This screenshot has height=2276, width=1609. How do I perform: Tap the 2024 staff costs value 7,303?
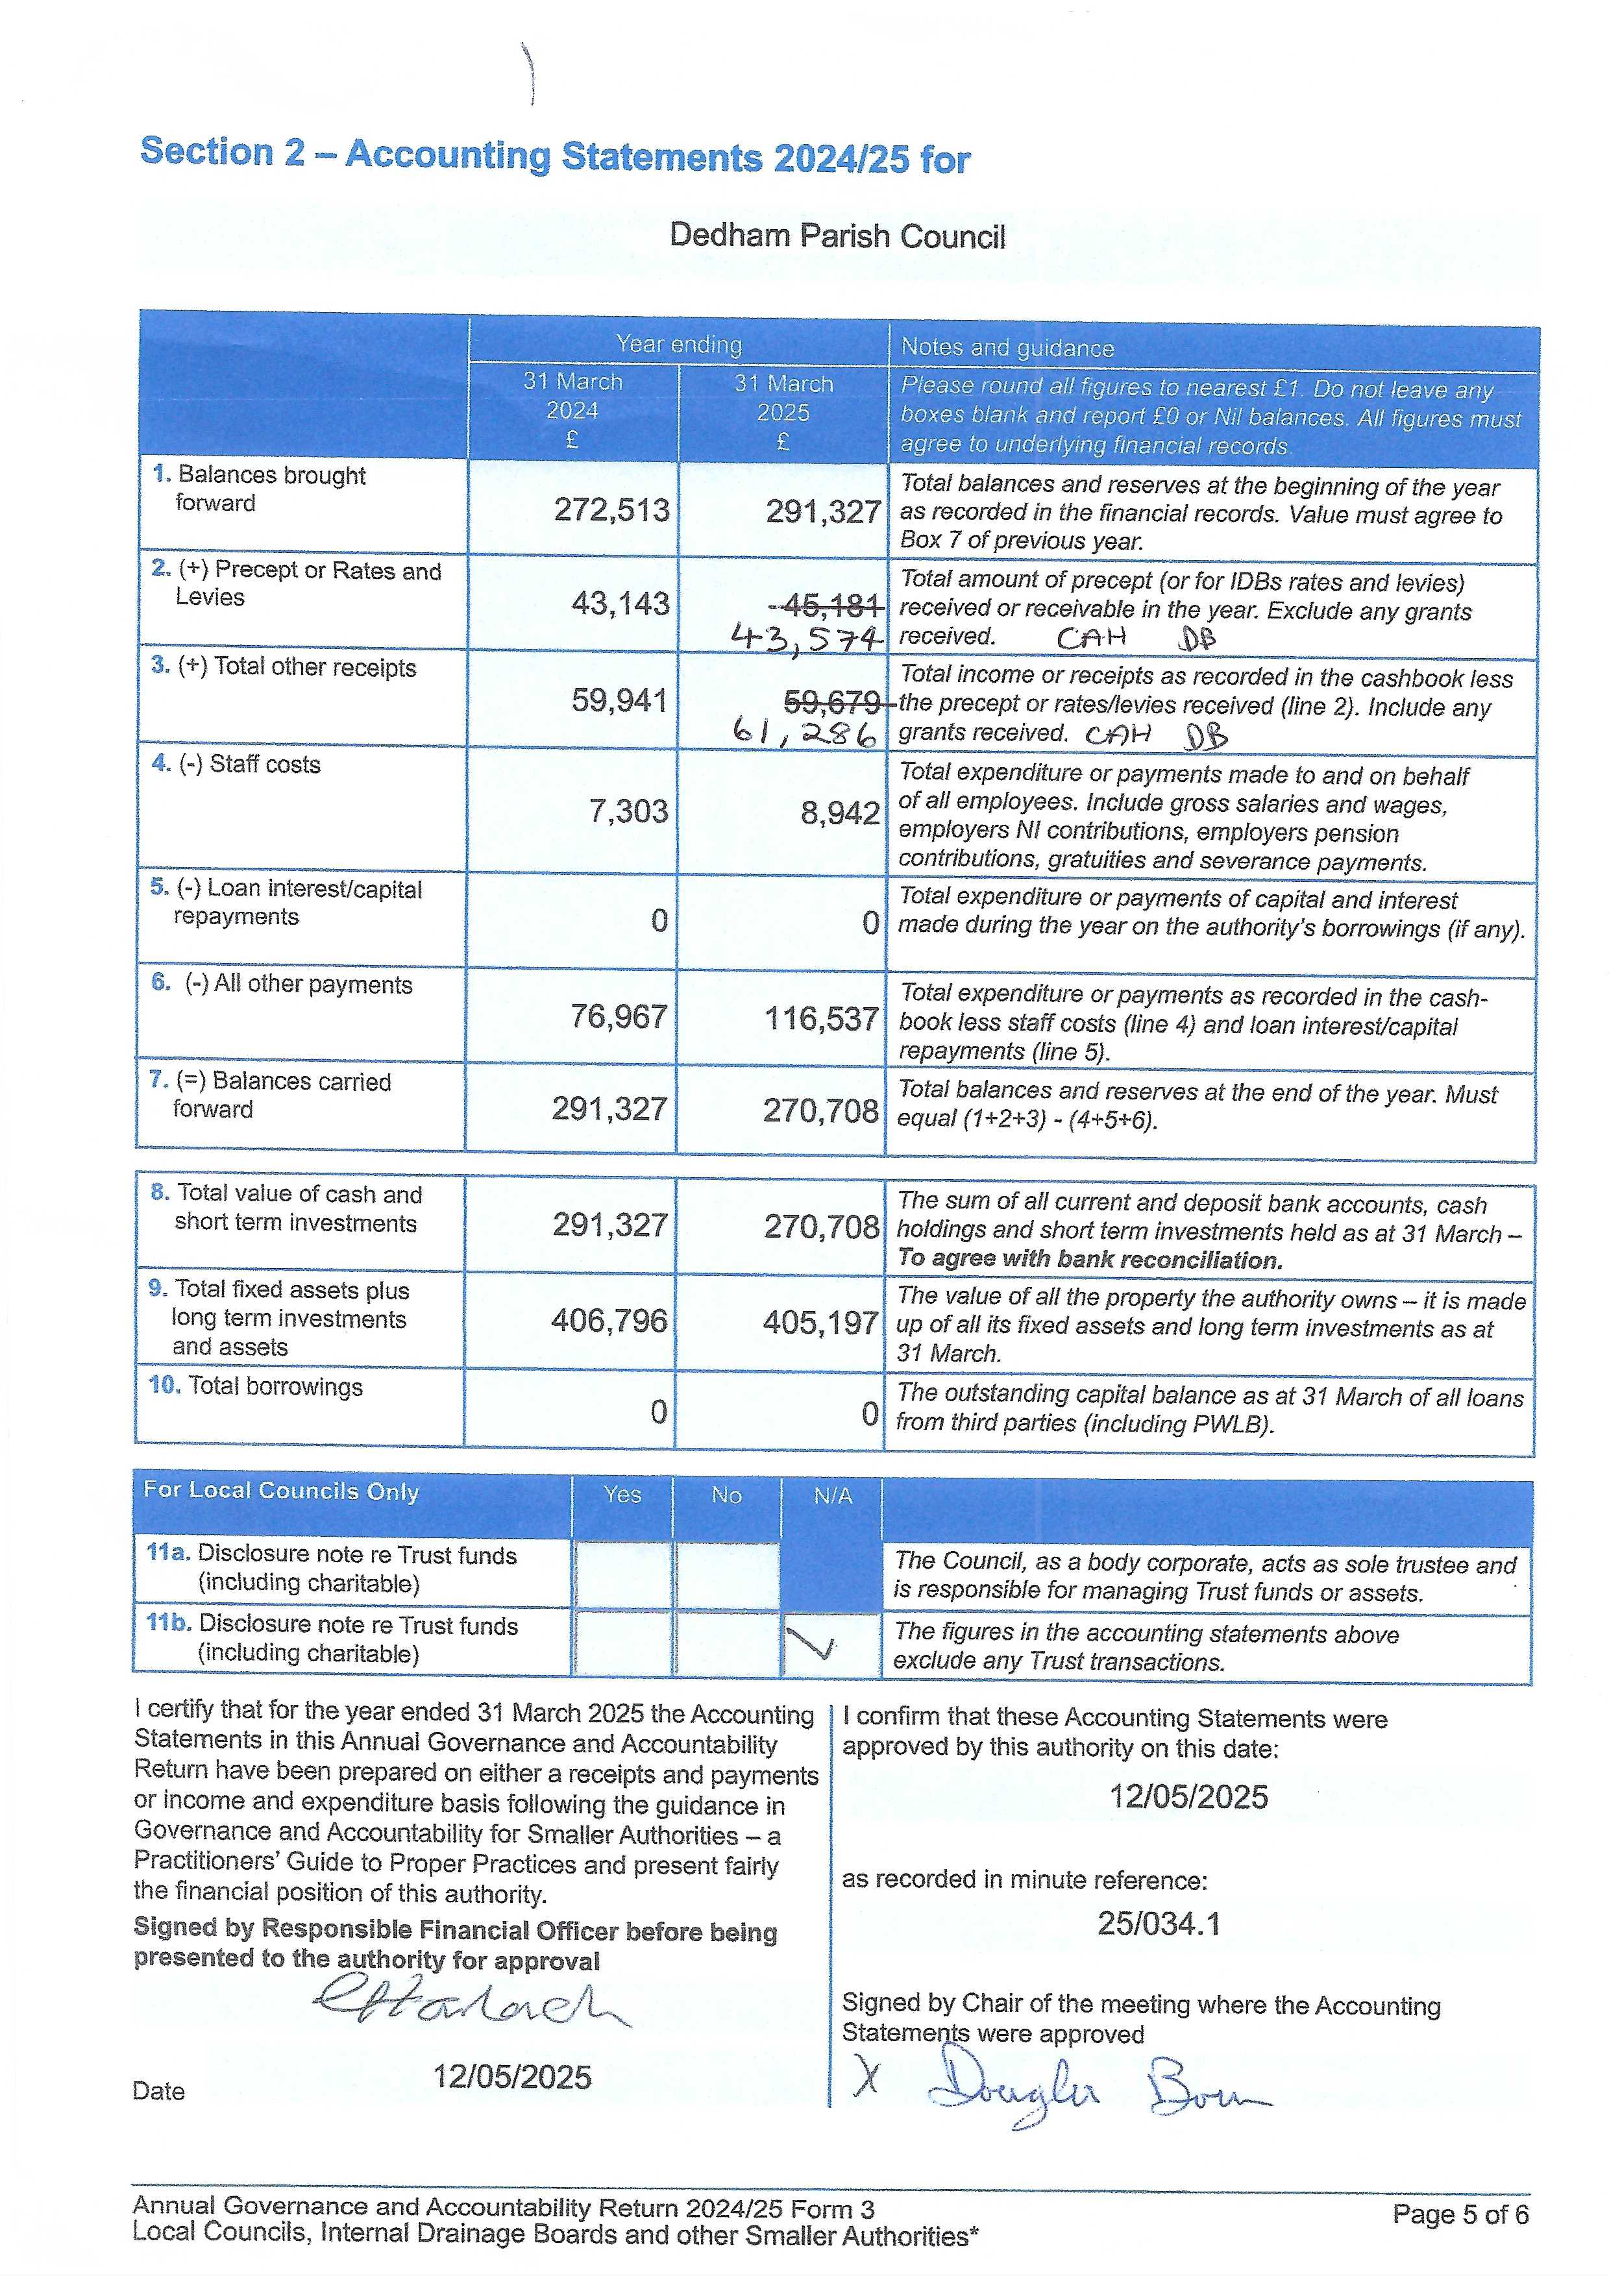[628, 811]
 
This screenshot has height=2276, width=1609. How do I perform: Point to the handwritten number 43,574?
[805, 637]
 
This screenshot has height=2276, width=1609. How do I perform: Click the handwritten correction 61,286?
[805, 733]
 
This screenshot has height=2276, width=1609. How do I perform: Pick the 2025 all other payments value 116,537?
[821, 1018]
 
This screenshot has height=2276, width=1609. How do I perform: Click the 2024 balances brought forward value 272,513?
[611, 509]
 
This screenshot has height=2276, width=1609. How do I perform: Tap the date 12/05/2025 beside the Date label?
[511, 2075]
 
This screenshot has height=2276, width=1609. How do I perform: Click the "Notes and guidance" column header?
[1007, 348]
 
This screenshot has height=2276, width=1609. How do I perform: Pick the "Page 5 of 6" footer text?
[1459, 2214]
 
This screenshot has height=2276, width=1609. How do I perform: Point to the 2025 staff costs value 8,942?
[840, 813]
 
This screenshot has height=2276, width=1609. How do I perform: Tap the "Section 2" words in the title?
[222, 152]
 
